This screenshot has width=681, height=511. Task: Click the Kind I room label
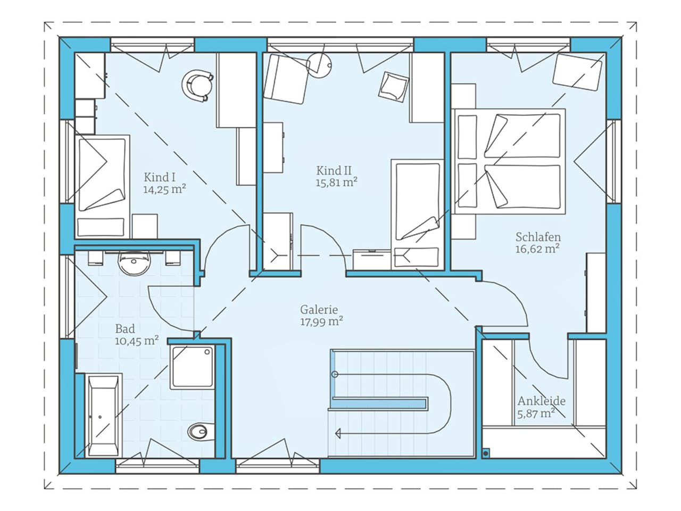tap(160, 177)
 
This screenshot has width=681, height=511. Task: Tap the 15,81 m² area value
tap(336, 183)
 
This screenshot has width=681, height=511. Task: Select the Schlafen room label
tap(538, 237)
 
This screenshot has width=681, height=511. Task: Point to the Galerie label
tap(319, 309)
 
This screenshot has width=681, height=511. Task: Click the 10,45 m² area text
tap(137, 341)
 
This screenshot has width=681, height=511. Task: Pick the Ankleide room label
tap(542, 401)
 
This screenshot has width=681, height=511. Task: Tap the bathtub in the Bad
tap(103, 415)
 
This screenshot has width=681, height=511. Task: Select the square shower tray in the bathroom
tap(192, 366)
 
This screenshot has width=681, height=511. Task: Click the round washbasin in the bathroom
tap(135, 263)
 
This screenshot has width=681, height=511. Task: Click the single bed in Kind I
tap(103, 186)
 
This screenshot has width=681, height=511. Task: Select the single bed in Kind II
tap(417, 213)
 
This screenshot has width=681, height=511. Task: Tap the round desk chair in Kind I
tap(197, 85)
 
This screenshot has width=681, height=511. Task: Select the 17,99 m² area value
tap(321, 322)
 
